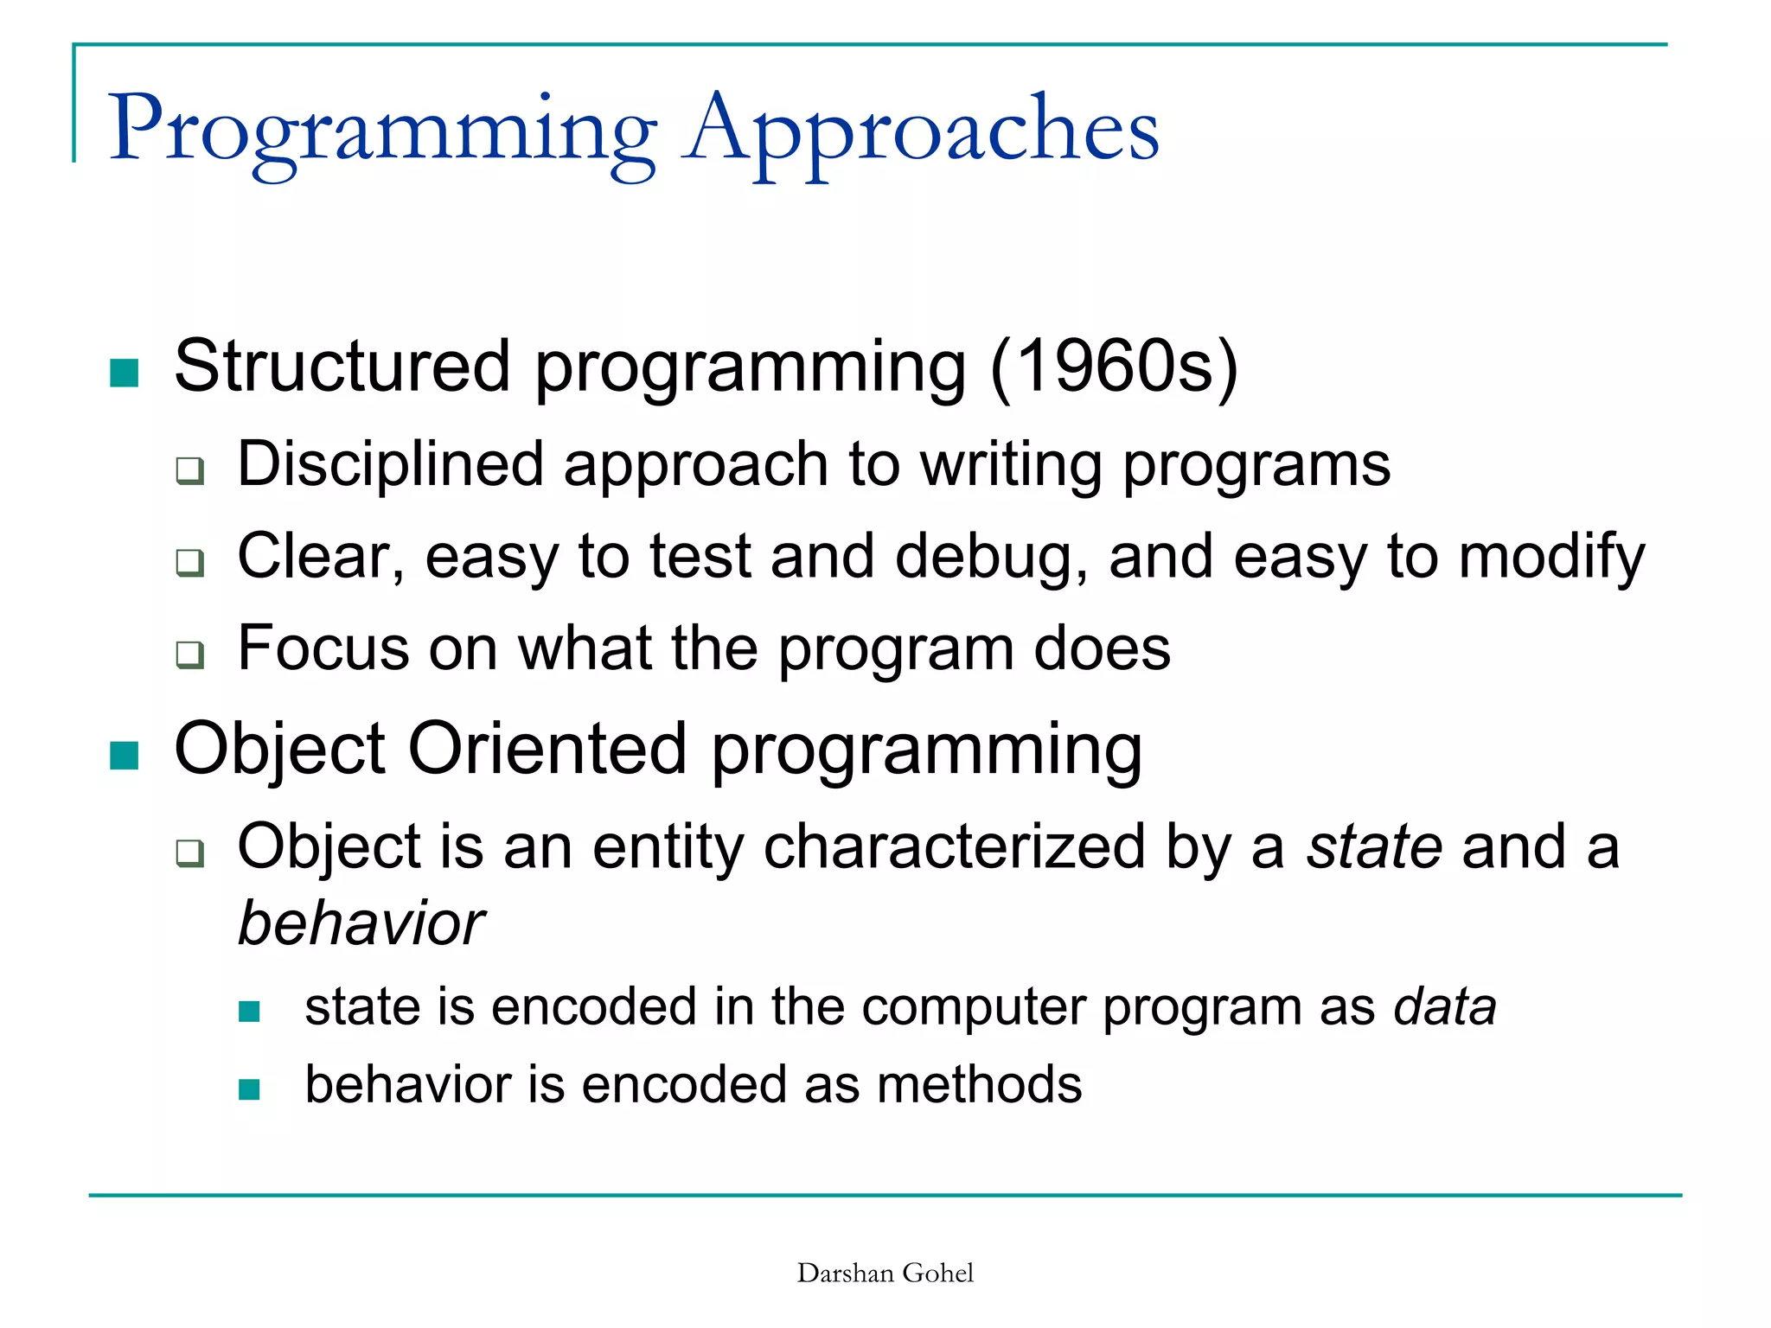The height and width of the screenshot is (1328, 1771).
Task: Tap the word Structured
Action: click(342, 367)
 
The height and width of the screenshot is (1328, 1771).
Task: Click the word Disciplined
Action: click(390, 464)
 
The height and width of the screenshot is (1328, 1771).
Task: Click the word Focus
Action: click(323, 648)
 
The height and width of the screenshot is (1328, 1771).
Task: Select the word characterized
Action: click(954, 846)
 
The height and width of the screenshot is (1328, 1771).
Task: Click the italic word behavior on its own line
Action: click(361, 923)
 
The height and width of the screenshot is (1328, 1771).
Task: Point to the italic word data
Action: click(1445, 1007)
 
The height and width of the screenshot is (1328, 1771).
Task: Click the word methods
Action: click(979, 1084)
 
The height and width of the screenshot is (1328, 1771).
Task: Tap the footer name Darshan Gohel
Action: click(885, 1273)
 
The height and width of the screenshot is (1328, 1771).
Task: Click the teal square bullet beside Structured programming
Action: click(125, 373)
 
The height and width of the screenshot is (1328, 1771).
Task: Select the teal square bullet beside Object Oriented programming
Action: click(125, 755)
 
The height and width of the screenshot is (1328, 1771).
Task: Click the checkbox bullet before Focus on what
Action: click(190, 654)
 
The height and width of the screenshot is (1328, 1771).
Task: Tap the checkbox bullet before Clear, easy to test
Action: click(190, 563)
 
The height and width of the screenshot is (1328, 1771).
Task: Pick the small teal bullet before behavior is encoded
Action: click(249, 1089)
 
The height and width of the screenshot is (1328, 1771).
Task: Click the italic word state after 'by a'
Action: click(1373, 846)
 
